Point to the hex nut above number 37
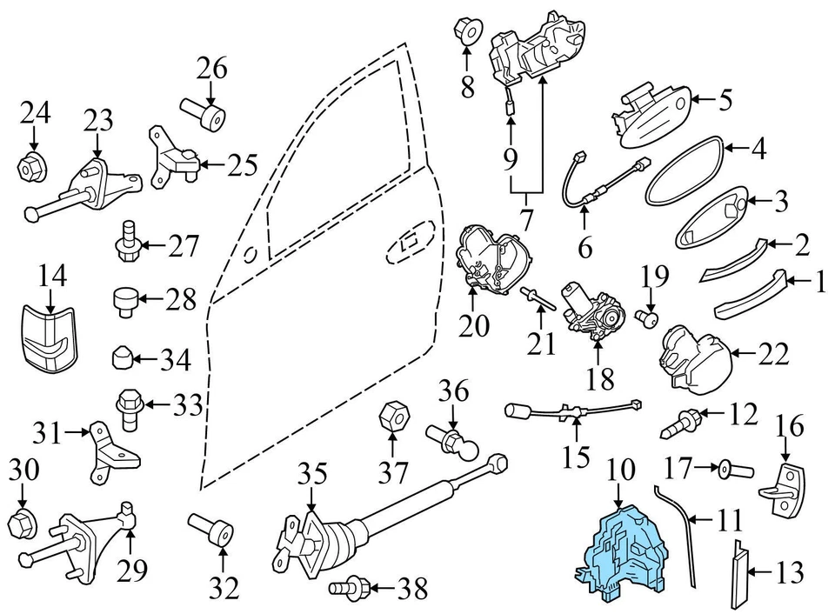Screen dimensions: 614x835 click(x=391, y=414)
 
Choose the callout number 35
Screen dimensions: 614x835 click(x=313, y=475)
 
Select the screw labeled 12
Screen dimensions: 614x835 click(x=682, y=424)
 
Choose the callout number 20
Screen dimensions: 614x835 click(x=476, y=326)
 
